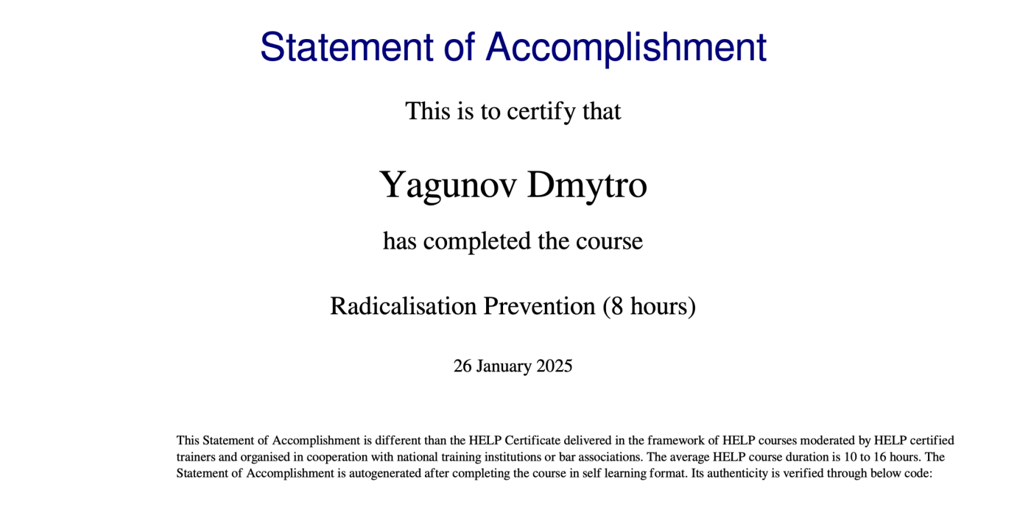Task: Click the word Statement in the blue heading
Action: click(x=347, y=47)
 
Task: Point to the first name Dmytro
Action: click(x=587, y=185)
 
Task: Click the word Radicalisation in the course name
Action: click(x=404, y=306)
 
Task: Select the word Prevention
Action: click(x=539, y=306)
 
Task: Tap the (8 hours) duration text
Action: click(x=650, y=306)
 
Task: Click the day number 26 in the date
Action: click(x=462, y=366)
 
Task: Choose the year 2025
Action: click(x=554, y=366)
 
